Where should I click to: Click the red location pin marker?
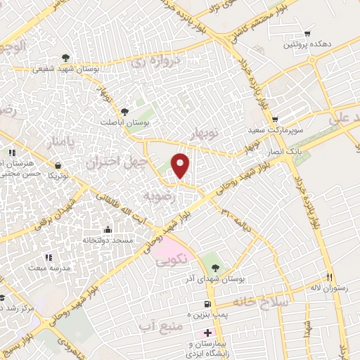(x=181, y=166)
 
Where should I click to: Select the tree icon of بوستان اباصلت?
(x=124, y=111)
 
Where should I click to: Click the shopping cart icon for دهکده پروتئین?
(x=307, y=34)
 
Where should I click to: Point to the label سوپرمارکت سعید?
(x=274, y=131)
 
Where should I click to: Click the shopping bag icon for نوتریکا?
(x=56, y=165)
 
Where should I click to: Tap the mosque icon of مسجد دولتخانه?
(x=107, y=229)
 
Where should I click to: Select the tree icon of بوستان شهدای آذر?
(x=216, y=266)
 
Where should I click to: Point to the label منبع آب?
(x=160, y=326)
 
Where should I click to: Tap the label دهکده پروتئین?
(x=307, y=45)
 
